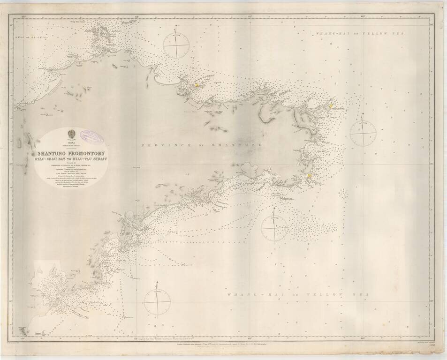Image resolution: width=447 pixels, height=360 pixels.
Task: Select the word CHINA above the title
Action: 72,141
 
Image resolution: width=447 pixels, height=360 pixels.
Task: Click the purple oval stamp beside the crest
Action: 91,136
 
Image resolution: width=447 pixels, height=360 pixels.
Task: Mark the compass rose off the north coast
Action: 176,45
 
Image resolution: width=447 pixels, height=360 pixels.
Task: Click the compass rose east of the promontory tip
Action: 363,133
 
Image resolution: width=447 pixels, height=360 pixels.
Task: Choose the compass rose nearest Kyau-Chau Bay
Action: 157,302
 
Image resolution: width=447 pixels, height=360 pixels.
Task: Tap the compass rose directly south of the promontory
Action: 274,228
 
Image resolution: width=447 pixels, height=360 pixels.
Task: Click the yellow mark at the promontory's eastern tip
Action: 330,106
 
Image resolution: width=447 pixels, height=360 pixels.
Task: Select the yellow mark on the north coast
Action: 197,85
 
